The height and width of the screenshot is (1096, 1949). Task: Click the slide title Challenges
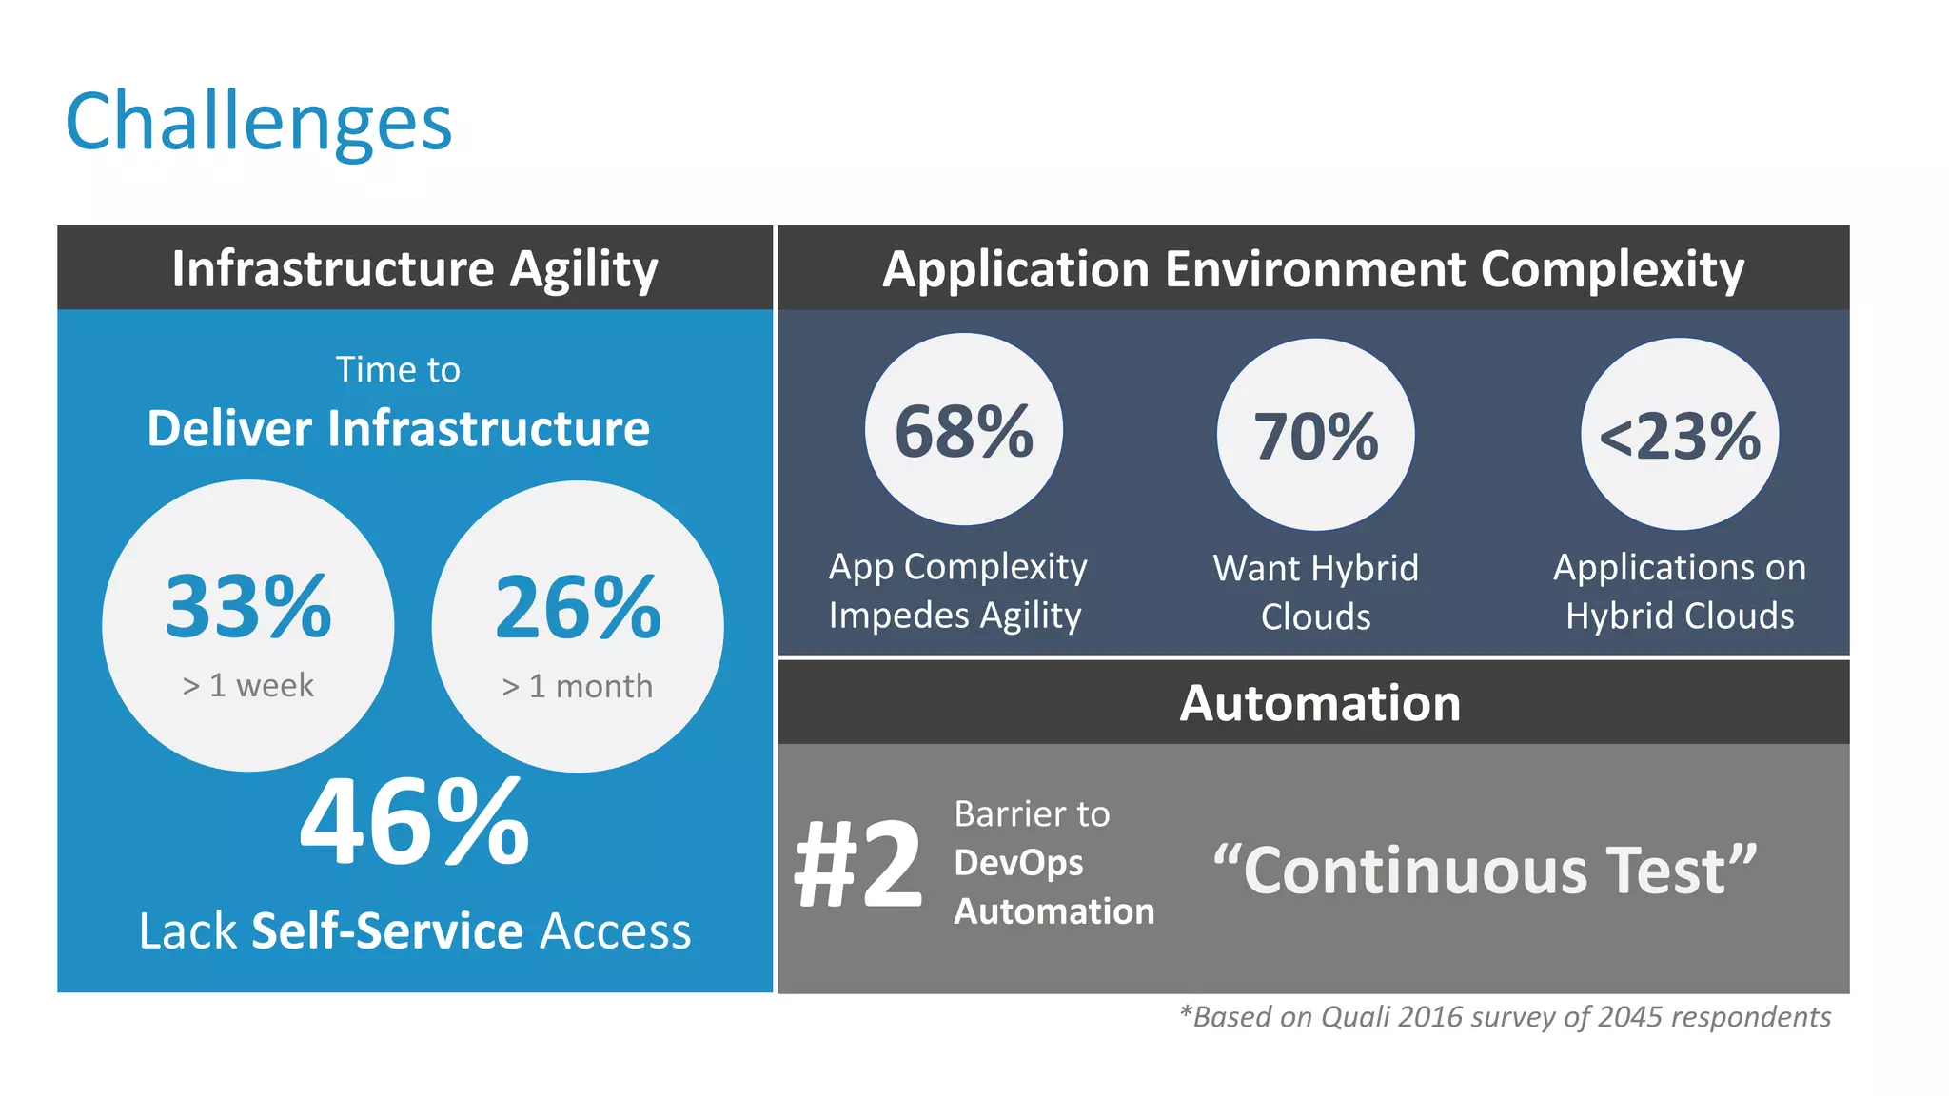click(258, 122)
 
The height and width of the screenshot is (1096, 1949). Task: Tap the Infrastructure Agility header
click(415, 268)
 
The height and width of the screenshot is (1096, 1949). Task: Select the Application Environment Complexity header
click(1313, 268)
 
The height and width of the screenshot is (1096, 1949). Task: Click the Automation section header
click(1320, 703)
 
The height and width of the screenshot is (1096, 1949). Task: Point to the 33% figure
click(247, 607)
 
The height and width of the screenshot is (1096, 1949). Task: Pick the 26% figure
click(578, 607)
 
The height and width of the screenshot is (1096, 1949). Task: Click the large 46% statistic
click(414, 822)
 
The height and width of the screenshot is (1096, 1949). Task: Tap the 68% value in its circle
click(964, 432)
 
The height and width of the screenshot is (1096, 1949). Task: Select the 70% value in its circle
click(1316, 437)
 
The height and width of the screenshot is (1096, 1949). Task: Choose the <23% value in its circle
click(1680, 437)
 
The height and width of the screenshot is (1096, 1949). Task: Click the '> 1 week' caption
click(247, 685)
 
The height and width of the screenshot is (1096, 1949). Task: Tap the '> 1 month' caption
click(578, 686)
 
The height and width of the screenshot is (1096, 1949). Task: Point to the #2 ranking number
click(857, 865)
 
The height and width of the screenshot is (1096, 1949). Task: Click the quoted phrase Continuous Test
click(1485, 871)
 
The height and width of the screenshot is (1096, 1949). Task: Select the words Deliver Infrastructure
click(398, 428)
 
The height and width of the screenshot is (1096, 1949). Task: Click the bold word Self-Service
click(386, 930)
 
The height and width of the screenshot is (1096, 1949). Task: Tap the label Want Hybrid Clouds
click(1316, 592)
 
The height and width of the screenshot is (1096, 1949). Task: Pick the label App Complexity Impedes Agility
click(956, 591)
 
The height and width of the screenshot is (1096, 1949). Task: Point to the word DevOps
click(1018, 863)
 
